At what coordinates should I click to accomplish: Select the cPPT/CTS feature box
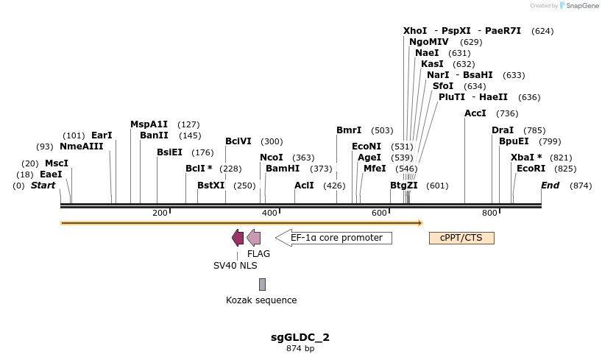pos(461,238)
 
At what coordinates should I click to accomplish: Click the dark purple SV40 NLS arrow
pos(238,237)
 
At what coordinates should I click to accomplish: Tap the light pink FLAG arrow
pos(253,237)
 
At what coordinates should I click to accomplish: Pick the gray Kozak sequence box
pos(262,284)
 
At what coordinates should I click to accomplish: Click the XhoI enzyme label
pos(415,31)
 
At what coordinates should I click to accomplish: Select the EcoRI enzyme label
pos(531,169)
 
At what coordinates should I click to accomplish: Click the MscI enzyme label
pos(57,163)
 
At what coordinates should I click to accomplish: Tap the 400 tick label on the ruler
pos(269,213)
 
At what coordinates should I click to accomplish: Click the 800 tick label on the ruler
pos(489,213)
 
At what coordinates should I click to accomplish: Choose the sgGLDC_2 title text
pos(300,337)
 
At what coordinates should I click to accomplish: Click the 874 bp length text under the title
pos(300,348)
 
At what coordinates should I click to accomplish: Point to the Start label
pos(43,186)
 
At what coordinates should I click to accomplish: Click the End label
pos(550,186)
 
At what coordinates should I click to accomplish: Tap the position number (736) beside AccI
pos(507,113)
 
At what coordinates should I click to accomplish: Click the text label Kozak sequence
pos(261,300)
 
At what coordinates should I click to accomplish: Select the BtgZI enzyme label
pos(404,186)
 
